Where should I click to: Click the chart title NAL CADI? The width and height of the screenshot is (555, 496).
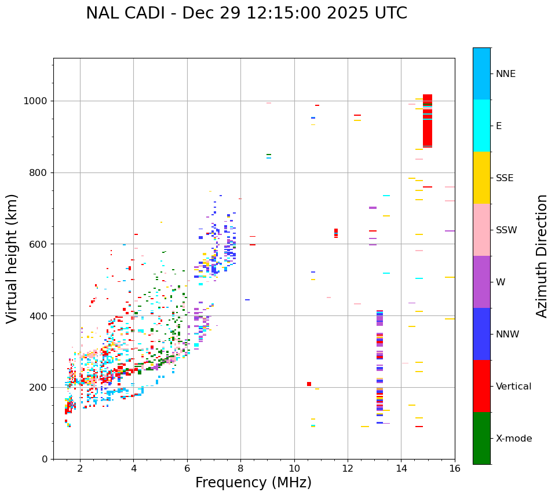coord(246,13)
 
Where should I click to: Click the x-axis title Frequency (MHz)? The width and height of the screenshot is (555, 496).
coord(253,483)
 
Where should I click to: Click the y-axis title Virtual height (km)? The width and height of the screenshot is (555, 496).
coord(12,258)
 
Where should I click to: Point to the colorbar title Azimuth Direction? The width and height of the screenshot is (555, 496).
coord(542,256)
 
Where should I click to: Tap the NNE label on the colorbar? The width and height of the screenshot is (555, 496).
coord(505,74)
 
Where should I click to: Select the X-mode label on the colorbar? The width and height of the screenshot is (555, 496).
coord(513,439)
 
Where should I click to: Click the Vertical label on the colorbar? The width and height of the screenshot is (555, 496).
coord(513,387)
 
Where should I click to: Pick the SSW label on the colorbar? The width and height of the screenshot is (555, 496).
coord(506,230)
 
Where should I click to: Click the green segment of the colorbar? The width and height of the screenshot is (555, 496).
coord(481,438)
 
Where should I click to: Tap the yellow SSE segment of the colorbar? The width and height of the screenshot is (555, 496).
coord(481,178)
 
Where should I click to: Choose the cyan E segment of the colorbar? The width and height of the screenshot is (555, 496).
coord(481,126)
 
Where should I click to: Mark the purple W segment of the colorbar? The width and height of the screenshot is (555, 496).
coord(481,282)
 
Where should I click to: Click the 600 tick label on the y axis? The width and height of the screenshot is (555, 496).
coord(40,244)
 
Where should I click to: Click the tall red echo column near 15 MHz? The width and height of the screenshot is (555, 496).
coord(428,122)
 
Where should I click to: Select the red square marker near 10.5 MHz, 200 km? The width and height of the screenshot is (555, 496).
coord(309,384)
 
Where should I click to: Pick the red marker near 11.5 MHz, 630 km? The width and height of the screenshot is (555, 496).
coord(336,233)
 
